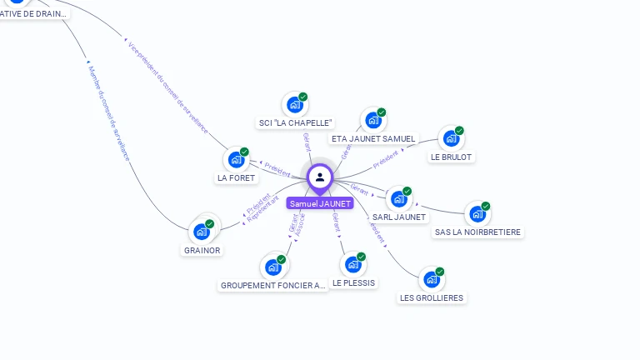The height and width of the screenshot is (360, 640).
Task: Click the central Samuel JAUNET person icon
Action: (x=320, y=177)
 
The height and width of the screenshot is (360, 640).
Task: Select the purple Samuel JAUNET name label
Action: (x=320, y=203)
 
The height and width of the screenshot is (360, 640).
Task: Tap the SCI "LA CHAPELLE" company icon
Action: (x=294, y=105)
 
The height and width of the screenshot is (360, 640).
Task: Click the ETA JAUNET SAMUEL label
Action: (x=372, y=138)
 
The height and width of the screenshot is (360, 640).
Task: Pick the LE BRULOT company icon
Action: (x=451, y=138)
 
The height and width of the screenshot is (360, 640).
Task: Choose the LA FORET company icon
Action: (x=236, y=160)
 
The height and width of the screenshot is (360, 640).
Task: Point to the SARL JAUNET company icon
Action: (x=398, y=199)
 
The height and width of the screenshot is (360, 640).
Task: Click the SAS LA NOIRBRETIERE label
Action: (x=478, y=232)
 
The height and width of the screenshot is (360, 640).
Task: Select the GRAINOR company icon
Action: (x=202, y=232)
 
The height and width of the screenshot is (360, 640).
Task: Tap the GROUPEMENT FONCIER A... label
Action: (x=273, y=285)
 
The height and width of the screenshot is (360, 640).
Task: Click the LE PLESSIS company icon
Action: (x=353, y=265)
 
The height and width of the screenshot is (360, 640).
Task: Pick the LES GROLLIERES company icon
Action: (x=431, y=280)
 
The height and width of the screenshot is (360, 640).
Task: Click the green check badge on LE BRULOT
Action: (x=459, y=131)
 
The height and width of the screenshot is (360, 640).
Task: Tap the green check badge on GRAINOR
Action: (x=210, y=223)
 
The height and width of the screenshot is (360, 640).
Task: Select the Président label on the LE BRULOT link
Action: (x=386, y=158)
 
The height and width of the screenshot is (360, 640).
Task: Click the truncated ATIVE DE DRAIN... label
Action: (x=34, y=13)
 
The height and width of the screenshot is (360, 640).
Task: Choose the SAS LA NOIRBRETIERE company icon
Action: (x=477, y=214)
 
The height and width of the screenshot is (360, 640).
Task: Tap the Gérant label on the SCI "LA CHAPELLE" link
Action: (x=307, y=142)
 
